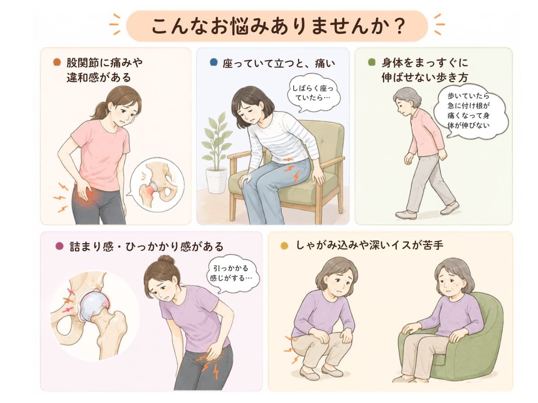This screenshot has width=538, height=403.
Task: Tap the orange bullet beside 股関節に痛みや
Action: point(57,62)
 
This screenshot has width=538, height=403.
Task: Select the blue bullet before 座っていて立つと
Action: point(214,62)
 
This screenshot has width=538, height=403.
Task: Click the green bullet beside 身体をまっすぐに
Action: point(372,62)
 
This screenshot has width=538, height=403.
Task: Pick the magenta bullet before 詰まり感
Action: point(60,246)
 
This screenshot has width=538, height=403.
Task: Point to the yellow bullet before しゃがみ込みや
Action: point(284,246)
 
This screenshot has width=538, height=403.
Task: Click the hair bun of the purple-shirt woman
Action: point(166,260)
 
